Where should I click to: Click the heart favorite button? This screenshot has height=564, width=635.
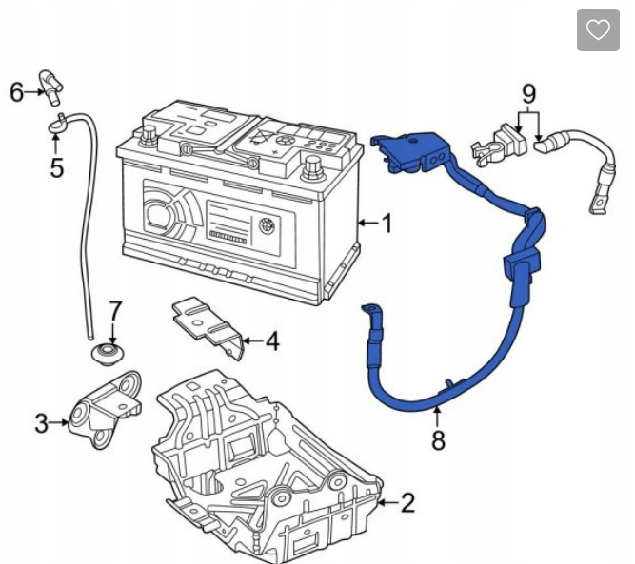tap(598, 29)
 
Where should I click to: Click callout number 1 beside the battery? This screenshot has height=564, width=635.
tap(387, 223)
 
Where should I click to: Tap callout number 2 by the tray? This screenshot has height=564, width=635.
tap(407, 503)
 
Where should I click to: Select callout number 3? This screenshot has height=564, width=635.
tap(41, 423)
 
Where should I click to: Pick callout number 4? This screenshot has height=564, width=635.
tap(272, 341)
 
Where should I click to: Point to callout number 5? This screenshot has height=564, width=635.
tap(57, 167)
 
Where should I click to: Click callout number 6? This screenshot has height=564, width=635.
tap(16, 92)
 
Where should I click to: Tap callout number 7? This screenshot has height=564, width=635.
tap(115, 311)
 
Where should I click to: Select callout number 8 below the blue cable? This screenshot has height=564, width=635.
tap(438, 439)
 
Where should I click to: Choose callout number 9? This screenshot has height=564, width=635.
tap(529, 94)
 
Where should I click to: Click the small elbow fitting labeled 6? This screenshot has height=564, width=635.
tap(51, 87)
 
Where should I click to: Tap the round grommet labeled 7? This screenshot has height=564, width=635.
tap(108, 354)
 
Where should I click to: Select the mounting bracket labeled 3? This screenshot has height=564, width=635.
tap(105, 410)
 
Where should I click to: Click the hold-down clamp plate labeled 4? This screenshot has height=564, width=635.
tap(208, 327)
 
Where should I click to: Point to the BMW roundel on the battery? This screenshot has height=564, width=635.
tap(266, 224)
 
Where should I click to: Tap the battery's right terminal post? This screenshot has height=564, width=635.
tap(312, 166)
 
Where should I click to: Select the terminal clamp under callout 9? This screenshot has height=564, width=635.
tap(499, 145)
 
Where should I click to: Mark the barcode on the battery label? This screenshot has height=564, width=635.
tap(228, 238)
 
